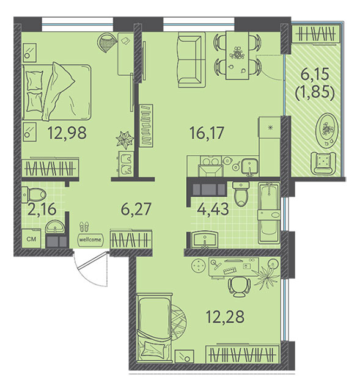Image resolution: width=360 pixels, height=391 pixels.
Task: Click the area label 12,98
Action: [67, 133]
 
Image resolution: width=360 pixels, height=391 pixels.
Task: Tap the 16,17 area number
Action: [207, 133]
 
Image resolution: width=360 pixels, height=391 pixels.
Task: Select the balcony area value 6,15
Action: [315, 74]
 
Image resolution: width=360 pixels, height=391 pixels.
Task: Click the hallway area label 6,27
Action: [136, 209]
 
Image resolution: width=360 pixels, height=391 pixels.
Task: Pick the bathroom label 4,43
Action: [213, 209]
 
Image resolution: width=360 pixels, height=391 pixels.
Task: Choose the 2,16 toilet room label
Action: [42, 209]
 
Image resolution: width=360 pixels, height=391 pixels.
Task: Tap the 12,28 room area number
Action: [225, 316]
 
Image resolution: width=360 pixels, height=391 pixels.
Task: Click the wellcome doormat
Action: [90, 239]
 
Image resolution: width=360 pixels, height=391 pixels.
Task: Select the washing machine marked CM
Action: [31, 238]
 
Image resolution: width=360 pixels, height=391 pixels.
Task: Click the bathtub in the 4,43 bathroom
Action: [269, 213]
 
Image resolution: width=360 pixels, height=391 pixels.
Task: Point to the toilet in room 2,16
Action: [34, 194]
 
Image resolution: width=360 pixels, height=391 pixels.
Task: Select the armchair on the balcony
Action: [323, 163]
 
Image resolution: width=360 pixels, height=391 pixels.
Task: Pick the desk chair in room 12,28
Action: [239, 287]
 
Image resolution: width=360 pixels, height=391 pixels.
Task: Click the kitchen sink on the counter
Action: [250, 167]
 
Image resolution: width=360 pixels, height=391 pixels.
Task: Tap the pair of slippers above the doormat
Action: [84, 227]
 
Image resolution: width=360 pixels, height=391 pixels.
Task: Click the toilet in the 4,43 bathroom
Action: [241, 194]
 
